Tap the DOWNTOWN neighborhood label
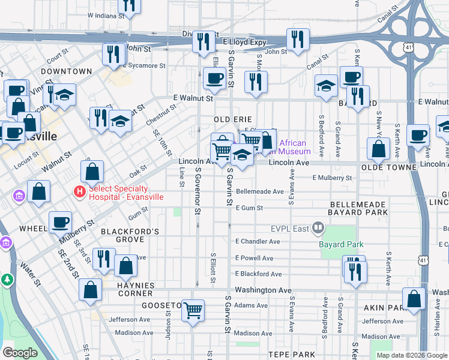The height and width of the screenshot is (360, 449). [x=67, y=71]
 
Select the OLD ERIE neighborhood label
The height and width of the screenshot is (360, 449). [x=231, y=119]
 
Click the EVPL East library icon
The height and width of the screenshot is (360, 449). [x=318, y=228]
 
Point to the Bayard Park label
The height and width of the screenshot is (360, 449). [x=340, y=244]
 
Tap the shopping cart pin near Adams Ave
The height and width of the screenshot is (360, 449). [x=193, y=310]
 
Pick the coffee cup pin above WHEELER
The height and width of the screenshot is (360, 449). [x=59, y=223]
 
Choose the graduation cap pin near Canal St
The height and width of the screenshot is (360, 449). [x=326, y=86]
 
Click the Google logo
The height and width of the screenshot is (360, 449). [x=20, y=353]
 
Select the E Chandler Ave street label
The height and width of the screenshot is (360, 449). [x=258, y=242]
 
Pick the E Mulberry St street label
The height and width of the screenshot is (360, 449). [x=332, y=178]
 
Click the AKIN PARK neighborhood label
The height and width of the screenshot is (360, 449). [x=385, y=308]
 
